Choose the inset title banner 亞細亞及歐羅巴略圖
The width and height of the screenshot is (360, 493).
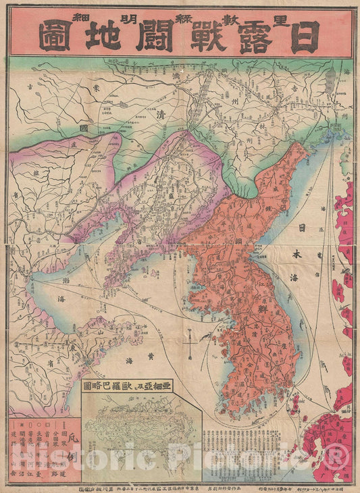[135, 387]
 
